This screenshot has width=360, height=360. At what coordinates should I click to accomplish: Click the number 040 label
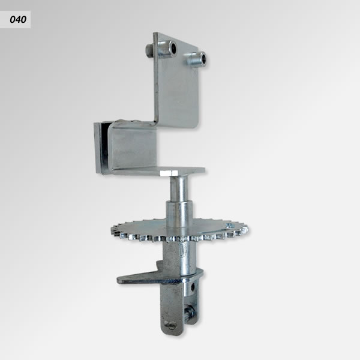(18, 20)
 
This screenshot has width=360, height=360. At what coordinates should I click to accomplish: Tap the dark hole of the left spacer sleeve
(174, 48)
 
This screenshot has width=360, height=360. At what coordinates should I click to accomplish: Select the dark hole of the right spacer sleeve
(203, 59)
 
